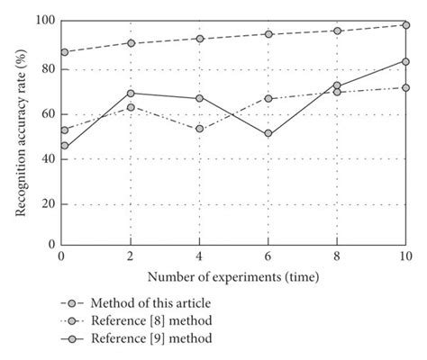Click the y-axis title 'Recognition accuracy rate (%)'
tap(20, 132)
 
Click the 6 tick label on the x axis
tap(268, 257)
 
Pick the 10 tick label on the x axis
tap(404, 257)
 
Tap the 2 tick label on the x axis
tap(131, 257)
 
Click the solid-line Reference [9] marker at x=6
tap(268, 133)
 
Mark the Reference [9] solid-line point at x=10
tap(405, 61)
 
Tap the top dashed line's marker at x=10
tap(405, 25)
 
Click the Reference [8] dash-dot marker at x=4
tap(199, 129)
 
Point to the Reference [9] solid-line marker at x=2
tap(131, 93)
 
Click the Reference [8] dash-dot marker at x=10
tap(405, 87)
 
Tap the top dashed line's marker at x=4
tap(199, 39)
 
